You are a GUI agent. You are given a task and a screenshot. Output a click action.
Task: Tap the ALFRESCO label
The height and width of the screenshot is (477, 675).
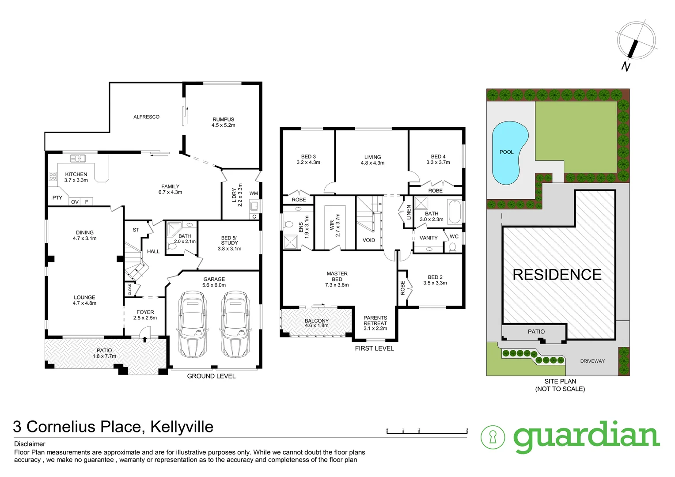[146, 117]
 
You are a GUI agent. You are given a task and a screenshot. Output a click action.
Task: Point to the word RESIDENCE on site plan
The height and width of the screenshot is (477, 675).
[557, 275]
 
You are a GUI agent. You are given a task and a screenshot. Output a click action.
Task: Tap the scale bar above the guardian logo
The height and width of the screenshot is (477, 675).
[427, 431]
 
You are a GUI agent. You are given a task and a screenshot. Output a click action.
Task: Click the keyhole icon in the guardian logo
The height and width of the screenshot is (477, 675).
[493, 437]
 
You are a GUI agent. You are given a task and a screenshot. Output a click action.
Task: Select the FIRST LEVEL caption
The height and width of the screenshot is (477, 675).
[374, 348]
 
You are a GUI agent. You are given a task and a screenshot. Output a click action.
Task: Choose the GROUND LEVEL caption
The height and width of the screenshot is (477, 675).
[211, 376]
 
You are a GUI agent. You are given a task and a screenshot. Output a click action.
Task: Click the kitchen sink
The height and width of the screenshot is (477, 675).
[78, 158]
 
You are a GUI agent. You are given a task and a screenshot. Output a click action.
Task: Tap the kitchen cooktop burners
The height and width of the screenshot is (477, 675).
[53, 177]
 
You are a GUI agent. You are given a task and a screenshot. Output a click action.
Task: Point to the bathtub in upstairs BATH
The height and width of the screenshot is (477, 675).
[455, 212]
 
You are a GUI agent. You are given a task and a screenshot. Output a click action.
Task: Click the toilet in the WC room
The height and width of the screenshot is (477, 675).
[452, 246]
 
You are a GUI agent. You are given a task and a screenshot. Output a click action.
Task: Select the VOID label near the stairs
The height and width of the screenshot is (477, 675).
[368, 240]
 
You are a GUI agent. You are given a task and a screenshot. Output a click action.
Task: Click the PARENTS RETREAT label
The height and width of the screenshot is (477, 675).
[375, 323]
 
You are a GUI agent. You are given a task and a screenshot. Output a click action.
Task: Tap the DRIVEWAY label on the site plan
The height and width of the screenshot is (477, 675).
[592, 361]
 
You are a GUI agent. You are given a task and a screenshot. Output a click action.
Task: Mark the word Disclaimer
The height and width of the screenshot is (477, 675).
[30, 444]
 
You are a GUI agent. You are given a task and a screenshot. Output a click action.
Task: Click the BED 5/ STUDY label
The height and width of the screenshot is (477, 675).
[229, 243]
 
